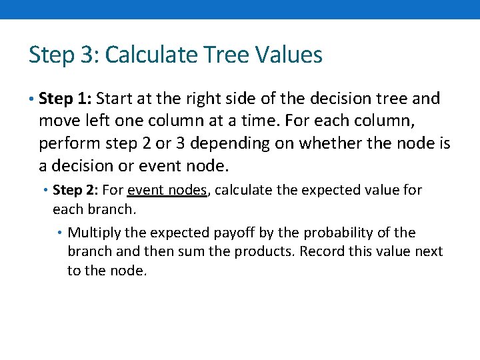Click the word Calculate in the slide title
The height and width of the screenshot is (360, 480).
(145, 55)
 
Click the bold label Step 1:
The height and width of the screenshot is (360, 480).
(65, 99)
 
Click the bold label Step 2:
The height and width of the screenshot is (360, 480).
(75, 190)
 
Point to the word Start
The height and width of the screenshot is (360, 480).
(115, 99)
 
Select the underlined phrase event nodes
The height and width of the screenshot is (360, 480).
(167, 190)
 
